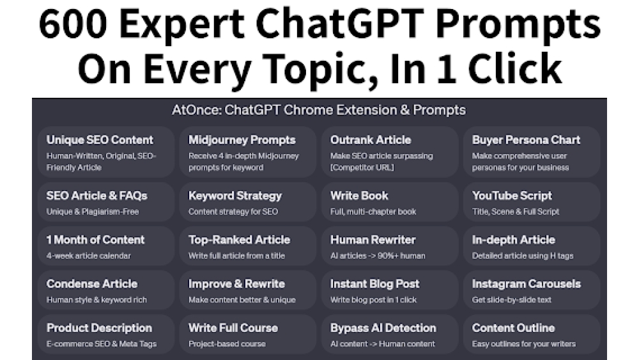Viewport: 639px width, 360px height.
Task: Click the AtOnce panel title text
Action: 319,110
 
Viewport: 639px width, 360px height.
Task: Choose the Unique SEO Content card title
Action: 100,140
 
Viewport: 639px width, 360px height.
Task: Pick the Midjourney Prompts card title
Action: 242,140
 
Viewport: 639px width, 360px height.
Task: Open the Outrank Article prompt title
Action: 371,140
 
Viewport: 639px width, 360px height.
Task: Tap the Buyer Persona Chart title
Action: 526,140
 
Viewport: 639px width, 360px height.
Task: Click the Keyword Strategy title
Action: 235,196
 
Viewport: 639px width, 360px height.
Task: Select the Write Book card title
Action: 359,196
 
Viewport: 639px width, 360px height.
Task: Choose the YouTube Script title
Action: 512,196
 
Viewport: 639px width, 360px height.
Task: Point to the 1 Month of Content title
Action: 96,240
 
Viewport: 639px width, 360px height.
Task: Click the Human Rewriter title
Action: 373,240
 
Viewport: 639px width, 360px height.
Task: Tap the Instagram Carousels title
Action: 526,284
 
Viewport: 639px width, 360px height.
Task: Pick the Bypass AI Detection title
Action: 383,328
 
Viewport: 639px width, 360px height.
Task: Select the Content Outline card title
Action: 513,328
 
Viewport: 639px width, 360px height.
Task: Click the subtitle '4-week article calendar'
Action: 88,256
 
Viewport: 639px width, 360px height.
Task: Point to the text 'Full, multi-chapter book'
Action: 373,212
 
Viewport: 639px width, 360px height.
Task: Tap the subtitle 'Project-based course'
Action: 226,344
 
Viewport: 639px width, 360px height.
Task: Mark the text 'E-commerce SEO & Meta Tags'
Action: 102,344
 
